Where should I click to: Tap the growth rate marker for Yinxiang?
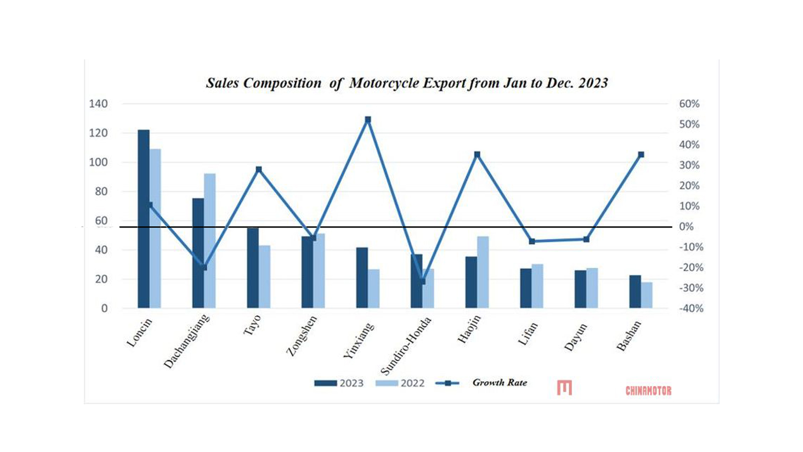click(x=368, y=120)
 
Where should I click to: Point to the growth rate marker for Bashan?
click(x=641, y=155)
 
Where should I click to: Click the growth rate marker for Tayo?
click(x=258, y=169)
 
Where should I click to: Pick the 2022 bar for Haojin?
click(x=483, y=272)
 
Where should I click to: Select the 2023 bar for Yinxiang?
click(x=362, y=277)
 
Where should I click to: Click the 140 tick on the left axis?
click(x=98, y=104)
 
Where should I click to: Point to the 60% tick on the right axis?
click(x=689, y=104)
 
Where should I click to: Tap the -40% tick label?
click(x=691, y=309)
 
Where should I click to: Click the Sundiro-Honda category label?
click(x=406, y=346)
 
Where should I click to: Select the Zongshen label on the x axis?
click(x=302, y=335)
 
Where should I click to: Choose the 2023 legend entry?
click(x=339, y=383)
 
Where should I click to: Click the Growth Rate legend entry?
click(x=482, y=383)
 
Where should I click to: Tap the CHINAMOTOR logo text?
click(x=648, y=390)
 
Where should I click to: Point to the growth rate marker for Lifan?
click(x=532, y=241)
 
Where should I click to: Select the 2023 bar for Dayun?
click(x=580, y=289)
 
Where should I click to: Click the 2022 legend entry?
click(x=400, y=383)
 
